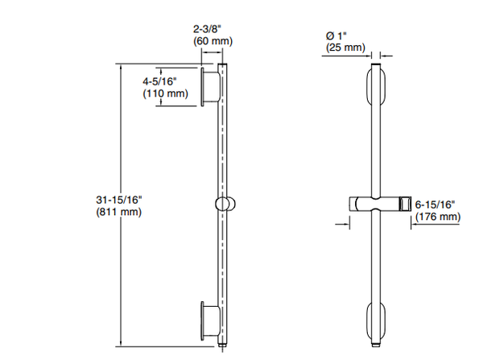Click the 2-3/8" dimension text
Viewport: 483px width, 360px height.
[x=208, y=29]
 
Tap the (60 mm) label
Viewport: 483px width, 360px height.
[x=213, y=41]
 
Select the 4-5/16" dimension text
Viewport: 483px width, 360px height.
[x=159, y=81]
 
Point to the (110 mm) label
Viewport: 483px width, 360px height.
[x=165, y=93]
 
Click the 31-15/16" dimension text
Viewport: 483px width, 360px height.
[x=119, y=200]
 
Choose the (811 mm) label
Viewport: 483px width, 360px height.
[x=119, y=212]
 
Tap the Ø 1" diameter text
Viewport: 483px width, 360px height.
[x=336, y=35]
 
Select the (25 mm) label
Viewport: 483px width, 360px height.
[x=345, y=48]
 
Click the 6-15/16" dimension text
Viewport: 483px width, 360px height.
[x=435, y=205]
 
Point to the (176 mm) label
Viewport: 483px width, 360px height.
[x=438, y=217]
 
